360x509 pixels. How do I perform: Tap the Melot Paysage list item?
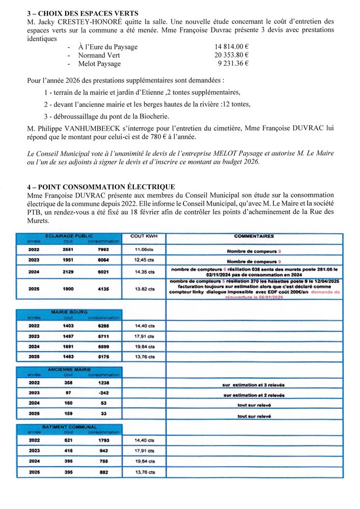point(99,64)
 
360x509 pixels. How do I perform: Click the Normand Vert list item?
point(99,55)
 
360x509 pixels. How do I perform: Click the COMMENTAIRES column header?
point(254,237)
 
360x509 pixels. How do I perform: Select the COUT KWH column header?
point(145,237)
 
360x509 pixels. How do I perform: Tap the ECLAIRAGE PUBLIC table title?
point(69,236)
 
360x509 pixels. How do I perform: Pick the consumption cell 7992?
point(103,250)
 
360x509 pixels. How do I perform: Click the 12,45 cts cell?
point(145,260)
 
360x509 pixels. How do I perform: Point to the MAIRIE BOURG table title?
point(69,312)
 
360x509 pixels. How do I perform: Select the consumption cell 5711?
point(103,336)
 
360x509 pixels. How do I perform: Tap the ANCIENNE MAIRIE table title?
point(69,369)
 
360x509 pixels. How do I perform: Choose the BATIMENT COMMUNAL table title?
point(69,427)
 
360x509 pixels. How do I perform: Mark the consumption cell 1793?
point(103,440)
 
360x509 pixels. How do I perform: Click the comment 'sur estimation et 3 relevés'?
point(254,385)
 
